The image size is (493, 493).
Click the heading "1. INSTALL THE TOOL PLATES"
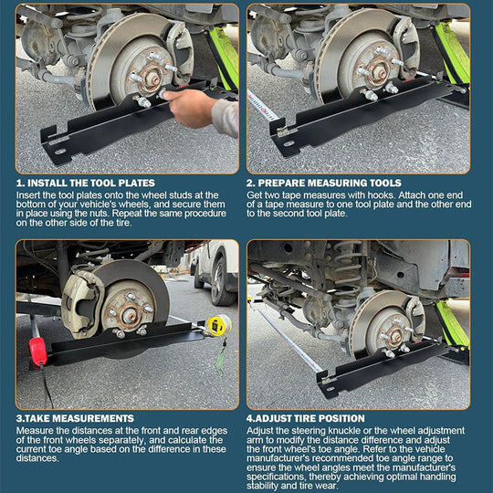85,183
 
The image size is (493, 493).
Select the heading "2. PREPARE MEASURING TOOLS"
320,183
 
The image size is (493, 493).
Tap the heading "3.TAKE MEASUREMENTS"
75,418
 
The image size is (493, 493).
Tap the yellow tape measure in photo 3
217,324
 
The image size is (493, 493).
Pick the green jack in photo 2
454,50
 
